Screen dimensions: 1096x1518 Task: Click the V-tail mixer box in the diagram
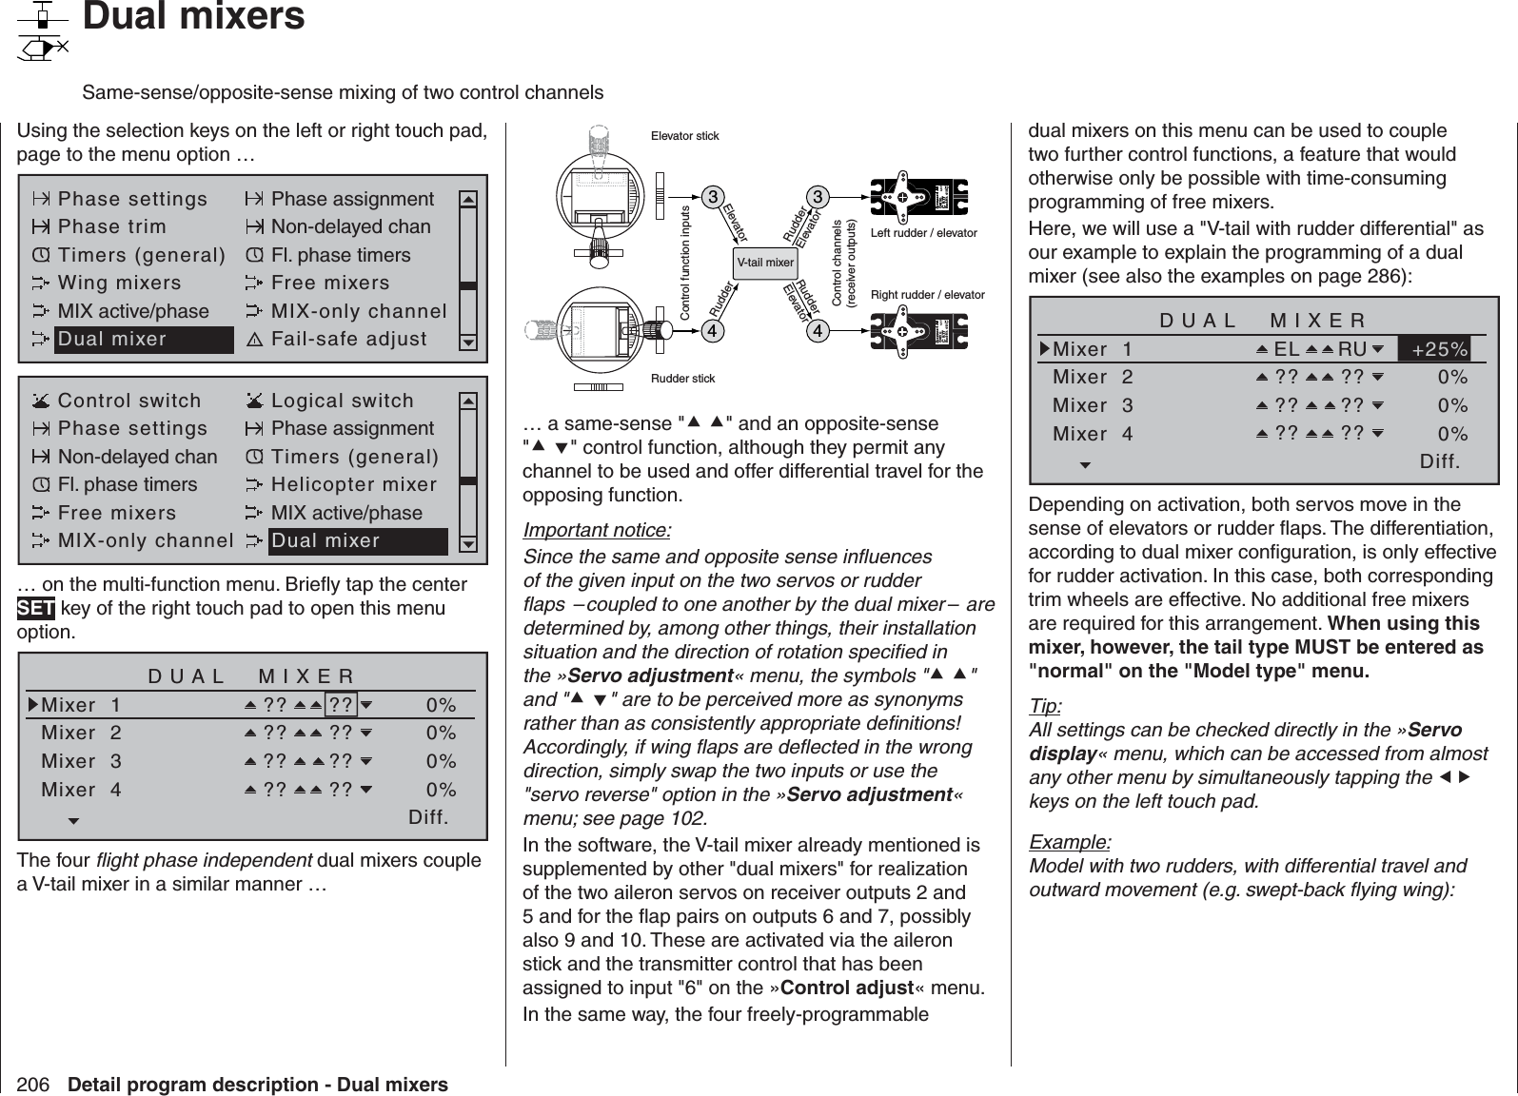tap(766, 262)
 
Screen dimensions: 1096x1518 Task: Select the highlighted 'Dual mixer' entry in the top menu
tap(143, 340)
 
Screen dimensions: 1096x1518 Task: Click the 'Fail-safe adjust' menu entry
tap(348, 340)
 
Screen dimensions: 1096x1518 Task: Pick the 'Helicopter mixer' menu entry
tap(354, 485)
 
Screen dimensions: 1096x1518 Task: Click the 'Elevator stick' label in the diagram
tap(684, 137)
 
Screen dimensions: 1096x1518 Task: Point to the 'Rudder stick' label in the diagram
tap(682, 380)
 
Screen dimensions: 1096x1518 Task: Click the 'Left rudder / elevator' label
tap(924, 233)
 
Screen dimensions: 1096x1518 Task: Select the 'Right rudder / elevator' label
tap(928, 296)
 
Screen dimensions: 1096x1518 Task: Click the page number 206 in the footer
tap(34, 1085)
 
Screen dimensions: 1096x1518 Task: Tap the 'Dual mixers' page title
tap(194, 18)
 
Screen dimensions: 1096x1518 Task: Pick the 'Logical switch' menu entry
tap(343, 401)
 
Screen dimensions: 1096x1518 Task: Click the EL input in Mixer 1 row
tap(1287, 349)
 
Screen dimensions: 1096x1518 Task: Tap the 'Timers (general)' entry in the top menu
tap(142, 256)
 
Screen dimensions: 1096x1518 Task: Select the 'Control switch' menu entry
tap(129, 401)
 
